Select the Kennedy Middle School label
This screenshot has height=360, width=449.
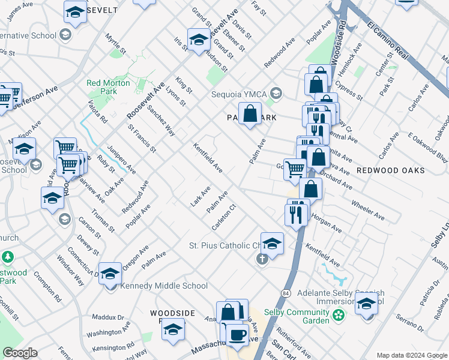pyautogui.click(x=164, y=286)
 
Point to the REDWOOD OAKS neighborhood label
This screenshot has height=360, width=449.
pyautogui.click(x=390, y=170)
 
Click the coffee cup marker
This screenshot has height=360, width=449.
pyautogui.click(x=237, y=334)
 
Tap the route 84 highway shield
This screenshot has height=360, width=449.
pyautogui.click(x=285, y=293)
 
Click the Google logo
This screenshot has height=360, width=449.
pyautogui.click(x=20, y=353)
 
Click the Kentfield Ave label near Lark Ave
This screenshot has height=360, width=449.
pyautogui.click(x=208, y=158)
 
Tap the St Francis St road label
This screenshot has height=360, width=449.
pyautogui.click(x=142, y=137)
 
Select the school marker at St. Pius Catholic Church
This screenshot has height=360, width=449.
pyautogui.click(x=272, y=242)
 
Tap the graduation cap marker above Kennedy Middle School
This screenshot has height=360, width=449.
pyautogui.click(x=110, y=274)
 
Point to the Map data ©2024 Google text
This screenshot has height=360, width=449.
pyautogui.click(x=412, y=355)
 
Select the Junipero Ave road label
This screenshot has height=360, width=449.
pyautogui.click(x=121, y=160)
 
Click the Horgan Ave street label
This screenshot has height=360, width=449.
pyautogui.click(x=327, y=221)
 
